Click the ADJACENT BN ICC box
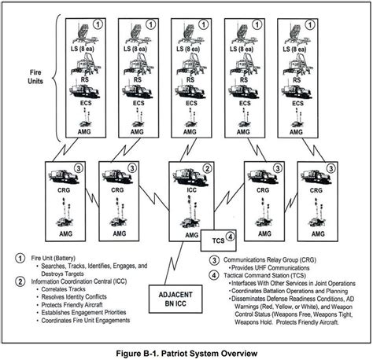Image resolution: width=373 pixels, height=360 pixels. (175, 299)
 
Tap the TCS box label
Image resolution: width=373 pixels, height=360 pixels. (218, 241)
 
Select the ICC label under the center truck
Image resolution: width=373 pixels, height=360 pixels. (191, 190)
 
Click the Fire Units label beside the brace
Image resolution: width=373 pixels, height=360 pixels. (35, 77)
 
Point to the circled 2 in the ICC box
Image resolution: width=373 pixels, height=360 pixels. (207, 168)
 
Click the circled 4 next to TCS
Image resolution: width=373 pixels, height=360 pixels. (230, 237)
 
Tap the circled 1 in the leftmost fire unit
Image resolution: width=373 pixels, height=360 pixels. (98, 25)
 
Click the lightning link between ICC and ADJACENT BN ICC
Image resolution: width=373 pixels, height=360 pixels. (174, 263)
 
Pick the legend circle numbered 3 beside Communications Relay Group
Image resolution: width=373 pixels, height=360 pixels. (214, 260)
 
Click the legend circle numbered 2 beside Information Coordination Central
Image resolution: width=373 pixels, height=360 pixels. (20, 281)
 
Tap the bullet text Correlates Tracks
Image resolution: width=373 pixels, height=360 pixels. (63, 289)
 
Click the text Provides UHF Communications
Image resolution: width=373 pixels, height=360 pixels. (271, 268)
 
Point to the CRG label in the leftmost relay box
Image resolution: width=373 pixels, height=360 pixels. (64, 189)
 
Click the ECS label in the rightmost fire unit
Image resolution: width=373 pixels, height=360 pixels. (297, 103)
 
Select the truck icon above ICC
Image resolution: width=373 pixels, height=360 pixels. (190, 178)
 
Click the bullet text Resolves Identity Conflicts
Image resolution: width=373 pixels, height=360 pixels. (74, 297)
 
